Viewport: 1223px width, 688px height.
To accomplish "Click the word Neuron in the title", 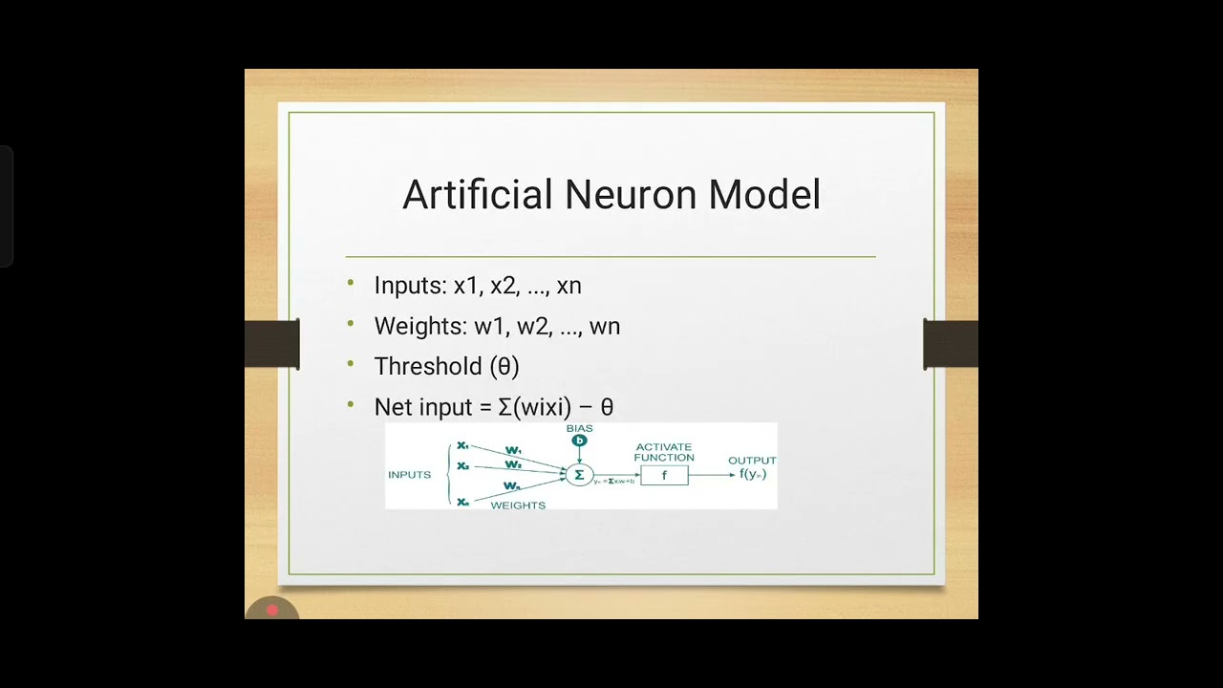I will click(x=631, y=195).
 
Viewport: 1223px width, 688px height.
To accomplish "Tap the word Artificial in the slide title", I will click(x=478, y=195).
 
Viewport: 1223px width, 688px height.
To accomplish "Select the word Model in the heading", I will click(x=763, y=195).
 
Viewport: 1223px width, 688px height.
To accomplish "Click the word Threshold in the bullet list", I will click(x=427, y=366).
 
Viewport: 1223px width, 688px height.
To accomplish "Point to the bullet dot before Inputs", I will click(x=351, y=284).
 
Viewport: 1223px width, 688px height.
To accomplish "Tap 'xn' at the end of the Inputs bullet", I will click(x=569, y=286).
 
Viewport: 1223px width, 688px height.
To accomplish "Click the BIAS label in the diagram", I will click(x=579, y=429).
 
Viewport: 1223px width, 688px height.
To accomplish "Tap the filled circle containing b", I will click(x=579, y=441).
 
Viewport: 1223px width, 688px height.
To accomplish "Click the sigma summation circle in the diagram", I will click(x=579, y=475).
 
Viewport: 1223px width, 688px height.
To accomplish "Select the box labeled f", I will click(x=664, y=475).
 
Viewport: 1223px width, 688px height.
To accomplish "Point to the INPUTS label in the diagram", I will click(x=409, y=475).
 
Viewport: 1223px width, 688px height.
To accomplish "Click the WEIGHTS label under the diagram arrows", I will click(x=518, y=505).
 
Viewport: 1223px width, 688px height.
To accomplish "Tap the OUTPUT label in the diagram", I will click(x=752, y=461).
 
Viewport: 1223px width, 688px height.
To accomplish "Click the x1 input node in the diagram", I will click(x=462, y=445).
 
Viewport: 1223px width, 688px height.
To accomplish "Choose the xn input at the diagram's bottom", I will click(x=462, y=502).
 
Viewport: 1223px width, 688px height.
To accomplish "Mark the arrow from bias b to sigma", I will click(x=579, y=456).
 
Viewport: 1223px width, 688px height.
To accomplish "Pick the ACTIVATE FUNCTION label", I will click(x=663, y=452).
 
